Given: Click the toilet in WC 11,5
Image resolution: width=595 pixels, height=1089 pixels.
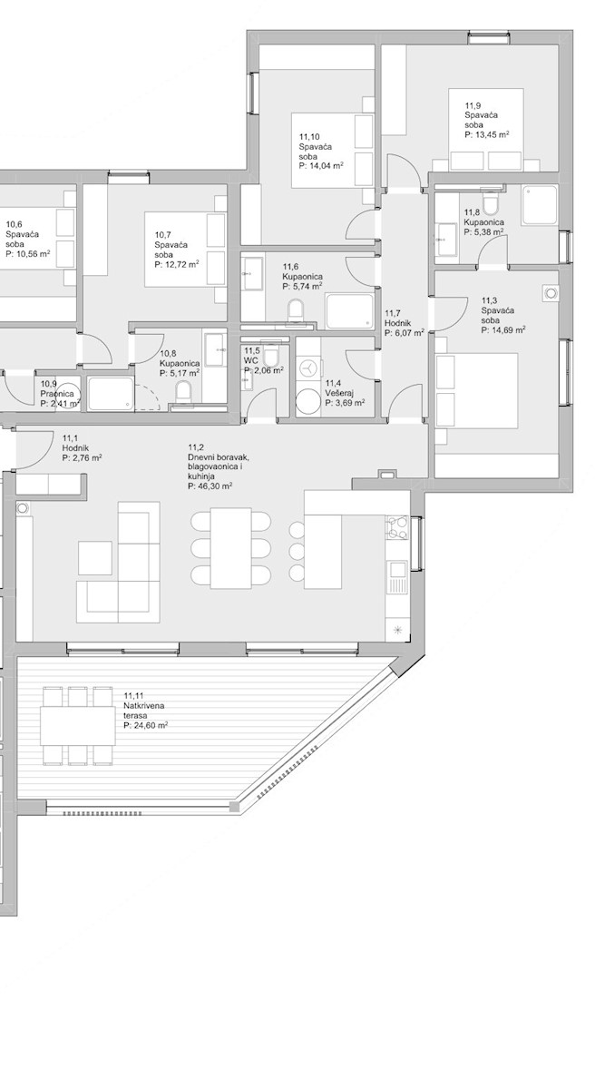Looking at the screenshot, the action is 271,356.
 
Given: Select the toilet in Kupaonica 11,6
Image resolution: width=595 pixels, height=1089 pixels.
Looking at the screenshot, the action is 296,311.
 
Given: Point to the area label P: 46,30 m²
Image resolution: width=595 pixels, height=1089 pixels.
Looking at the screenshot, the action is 210,486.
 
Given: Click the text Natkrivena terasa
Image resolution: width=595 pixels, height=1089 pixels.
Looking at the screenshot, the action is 144,711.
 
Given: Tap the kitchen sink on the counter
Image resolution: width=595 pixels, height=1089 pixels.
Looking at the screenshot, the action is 397,577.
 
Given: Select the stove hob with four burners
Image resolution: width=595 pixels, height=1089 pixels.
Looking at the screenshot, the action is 397,527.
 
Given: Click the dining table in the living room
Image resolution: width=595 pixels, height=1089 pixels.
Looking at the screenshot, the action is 230,548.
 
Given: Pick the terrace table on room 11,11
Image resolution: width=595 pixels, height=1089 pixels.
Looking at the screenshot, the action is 78,725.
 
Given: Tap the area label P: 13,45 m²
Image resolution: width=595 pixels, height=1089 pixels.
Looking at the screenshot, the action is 487,134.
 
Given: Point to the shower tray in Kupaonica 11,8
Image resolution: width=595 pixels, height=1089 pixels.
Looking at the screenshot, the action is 540,205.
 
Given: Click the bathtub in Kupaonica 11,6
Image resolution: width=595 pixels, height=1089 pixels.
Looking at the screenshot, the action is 350,311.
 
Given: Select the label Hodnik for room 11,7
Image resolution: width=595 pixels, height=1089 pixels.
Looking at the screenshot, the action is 398,323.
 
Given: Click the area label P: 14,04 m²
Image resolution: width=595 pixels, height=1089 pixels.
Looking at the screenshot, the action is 322,166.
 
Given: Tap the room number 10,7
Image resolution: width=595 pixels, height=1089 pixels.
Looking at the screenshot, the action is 162,234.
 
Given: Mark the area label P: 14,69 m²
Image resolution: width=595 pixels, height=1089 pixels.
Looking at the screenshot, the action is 503,330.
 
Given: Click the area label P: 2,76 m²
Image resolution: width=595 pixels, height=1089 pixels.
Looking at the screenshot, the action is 82,458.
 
